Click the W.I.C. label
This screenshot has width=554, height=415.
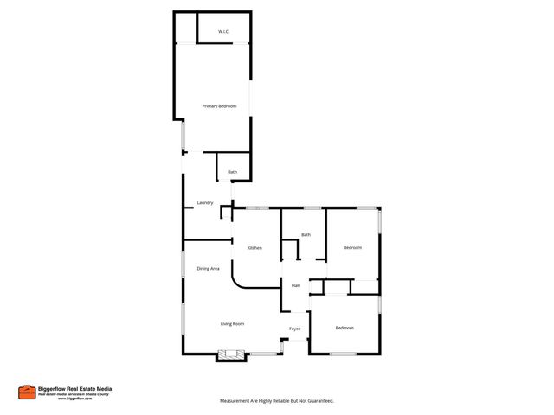223,32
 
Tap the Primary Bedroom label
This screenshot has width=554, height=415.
219,105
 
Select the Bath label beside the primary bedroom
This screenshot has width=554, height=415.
232,172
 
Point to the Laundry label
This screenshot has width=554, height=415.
205,203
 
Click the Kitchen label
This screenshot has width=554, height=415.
254,248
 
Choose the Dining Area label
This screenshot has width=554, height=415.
208,269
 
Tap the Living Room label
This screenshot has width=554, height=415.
232,324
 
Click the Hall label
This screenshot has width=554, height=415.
295,285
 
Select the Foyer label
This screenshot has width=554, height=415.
294,329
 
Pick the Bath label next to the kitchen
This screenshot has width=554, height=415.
306,235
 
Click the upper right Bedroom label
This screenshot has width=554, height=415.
352,248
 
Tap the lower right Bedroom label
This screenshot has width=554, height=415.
345,328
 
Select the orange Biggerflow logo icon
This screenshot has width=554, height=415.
27,392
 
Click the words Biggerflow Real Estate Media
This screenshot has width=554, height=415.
74,389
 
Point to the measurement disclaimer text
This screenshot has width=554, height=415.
277,401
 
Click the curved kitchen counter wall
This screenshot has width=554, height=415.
239,279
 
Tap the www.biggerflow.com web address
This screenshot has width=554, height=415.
75,399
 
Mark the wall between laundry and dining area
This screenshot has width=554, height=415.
208,239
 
